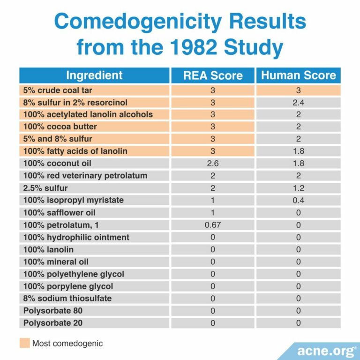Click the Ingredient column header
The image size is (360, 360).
[x=94, y=75]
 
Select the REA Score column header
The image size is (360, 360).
[x=212, y=75]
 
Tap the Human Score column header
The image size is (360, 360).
[x=298, y=75]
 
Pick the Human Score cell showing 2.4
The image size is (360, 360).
[x=298, y=103]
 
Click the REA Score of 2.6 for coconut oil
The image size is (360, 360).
[x=212, y=164]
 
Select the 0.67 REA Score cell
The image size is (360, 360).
[x=212, y=225]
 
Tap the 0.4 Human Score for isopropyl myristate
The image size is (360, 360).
[x=298, y=200]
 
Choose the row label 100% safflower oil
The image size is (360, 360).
[x=57, y=212]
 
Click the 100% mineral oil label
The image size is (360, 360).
[x=56, y=261]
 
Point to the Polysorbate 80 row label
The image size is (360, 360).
[x=50, y=310]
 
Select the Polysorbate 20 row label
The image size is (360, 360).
[x=50, y=322]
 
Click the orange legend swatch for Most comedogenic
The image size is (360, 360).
[x=24, y=343]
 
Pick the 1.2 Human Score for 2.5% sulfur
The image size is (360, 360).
[x=298, y=188]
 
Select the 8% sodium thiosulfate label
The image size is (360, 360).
[x=67, y=298]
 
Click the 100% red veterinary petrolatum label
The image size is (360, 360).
[x=85, y=176]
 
